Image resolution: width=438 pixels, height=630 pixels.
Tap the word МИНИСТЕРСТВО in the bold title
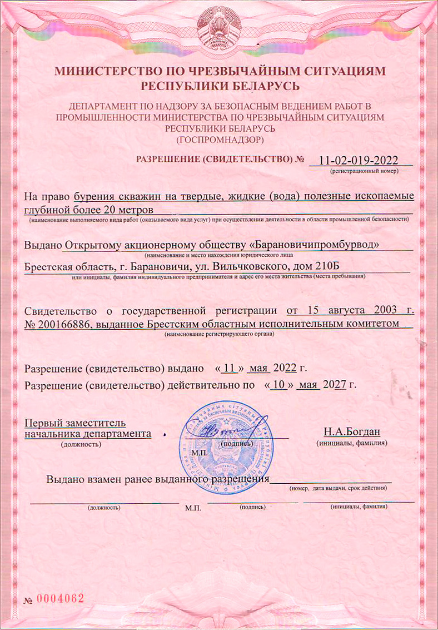click(118, 71)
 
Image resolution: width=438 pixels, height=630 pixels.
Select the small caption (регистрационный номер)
click(363, 172)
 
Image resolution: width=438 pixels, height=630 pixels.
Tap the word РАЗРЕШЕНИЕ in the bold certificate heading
click(164, 159)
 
